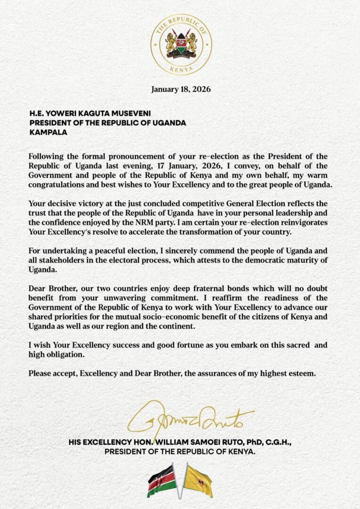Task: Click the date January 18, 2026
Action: pos(181,90)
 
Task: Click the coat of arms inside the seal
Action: pos(181,44)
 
